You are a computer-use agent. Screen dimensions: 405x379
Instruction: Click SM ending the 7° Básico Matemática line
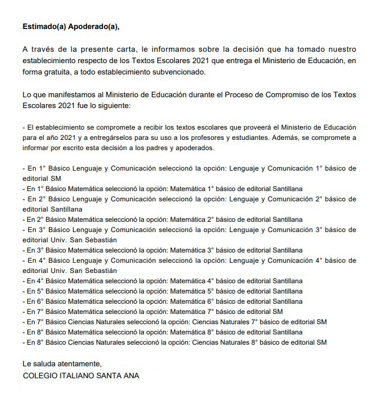(277, 312)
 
